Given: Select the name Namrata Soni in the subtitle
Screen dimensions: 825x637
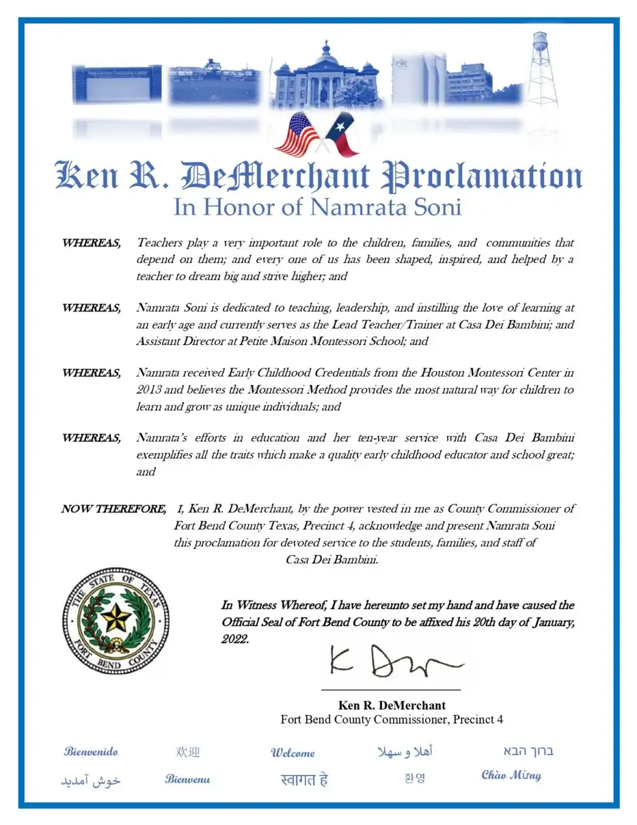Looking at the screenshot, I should point(385,207).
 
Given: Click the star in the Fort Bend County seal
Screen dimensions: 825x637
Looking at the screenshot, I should point(116,619).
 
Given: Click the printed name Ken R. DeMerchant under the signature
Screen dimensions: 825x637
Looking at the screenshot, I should point(392,705).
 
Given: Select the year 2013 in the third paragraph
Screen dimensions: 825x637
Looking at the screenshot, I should point(149,390).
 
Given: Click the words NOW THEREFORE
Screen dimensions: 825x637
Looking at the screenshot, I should point(113,509).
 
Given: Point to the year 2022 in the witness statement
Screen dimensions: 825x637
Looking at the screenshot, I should point(235,639).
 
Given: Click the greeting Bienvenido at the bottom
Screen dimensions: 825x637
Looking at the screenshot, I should point(91,751).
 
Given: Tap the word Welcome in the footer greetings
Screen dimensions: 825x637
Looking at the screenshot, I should point(292,753).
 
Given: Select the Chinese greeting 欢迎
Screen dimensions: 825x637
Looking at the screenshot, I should point(188,752).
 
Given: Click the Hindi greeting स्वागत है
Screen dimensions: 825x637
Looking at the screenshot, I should point(304,779).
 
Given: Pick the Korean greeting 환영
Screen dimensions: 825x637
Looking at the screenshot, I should point(414,778).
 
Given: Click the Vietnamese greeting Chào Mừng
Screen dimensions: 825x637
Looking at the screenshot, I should point(511,775).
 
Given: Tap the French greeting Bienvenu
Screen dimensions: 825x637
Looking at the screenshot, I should point(187,779).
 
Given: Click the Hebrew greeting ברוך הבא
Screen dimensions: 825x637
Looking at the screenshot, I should point(528,751).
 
